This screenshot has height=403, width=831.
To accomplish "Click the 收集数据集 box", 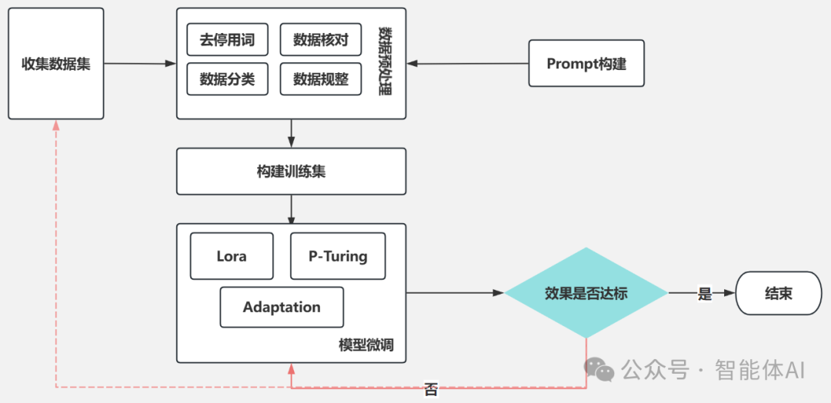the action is click(55, 64).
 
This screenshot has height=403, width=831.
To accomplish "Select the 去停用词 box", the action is click(227, 39).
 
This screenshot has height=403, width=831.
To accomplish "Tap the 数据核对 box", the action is click(321, 39).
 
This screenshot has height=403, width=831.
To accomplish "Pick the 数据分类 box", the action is click(227, 79).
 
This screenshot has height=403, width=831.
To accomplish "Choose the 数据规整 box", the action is click(321, 79).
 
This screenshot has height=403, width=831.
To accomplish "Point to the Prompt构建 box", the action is click(586, 63).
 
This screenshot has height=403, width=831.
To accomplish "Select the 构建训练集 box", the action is click(291, 171).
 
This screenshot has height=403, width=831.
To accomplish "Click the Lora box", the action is click(232, 256).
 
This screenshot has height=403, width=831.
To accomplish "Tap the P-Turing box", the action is click(338, 256).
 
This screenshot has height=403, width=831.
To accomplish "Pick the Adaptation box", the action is click(282, 307).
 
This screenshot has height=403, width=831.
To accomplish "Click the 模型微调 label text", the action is click(365, 345).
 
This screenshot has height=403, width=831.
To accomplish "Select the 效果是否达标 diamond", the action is click(586, 293).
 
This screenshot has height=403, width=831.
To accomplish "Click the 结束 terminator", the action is click(779, 293).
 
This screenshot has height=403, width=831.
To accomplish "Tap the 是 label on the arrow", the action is click(704, 294).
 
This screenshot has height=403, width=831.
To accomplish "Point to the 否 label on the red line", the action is click(431, 391).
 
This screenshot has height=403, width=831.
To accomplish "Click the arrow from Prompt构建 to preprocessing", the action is click(468, 64).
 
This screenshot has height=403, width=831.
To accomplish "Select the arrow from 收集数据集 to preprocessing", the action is click(140, 64).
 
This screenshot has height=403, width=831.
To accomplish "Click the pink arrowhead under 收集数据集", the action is click(56, 125).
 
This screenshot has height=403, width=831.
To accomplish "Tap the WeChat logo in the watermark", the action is click(599, 369).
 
